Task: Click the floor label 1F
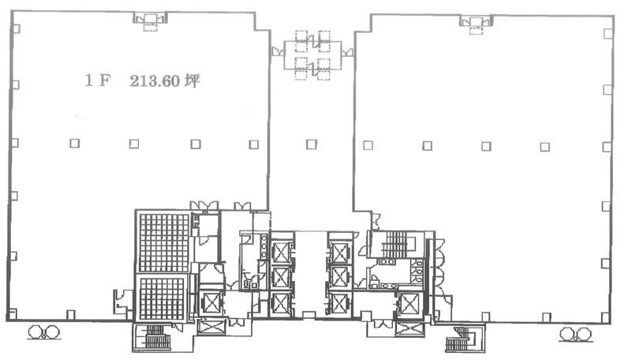tap(97, 81)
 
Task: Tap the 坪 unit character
tap(193, 81)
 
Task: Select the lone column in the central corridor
tap(312, 144)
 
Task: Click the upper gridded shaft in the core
tap(164, 242)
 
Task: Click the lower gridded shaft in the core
tap(162, 299)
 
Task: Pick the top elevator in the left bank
tap(281, 253)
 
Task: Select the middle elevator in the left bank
tap(281, 277)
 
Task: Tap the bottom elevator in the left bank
tap(281, 304)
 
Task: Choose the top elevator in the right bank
tap(340, 253)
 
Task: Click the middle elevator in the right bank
tap(340, 277)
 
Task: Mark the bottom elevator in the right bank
tap(340, 304)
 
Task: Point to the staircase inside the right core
tap(397, 245)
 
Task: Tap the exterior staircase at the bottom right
tap(464, 339)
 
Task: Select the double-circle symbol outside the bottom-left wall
tap(43, 332)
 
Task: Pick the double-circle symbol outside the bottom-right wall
tap(575, 334)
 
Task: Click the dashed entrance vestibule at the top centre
tap(312, 55)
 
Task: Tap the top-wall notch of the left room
tap(150, 19)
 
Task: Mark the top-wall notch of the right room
tap(476, 21)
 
